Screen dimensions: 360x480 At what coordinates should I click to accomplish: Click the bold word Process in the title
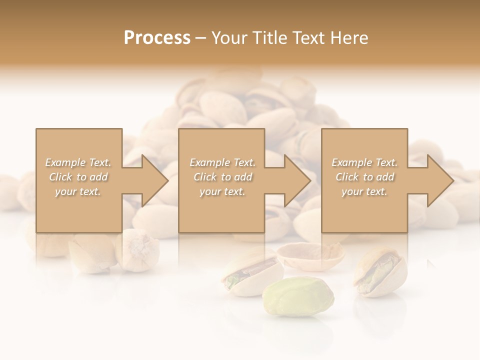click(x=157, y=38)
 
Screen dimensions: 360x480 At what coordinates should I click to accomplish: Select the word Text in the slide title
click(x=308, y=38)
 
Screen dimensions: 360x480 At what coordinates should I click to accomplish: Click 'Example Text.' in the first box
click(x=78, y=162)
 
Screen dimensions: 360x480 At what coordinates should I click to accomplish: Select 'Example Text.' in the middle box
click(x=222, y=162)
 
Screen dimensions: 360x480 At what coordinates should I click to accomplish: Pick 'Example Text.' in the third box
click(x=364, y=162)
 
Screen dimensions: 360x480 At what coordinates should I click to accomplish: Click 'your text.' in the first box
click(x=78, y=191)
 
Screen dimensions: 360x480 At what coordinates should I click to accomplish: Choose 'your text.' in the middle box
click(x=222, y=191)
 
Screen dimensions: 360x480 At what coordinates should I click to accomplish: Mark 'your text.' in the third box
click(x=364, y=191)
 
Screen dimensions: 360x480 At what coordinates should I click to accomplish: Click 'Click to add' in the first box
click(x=78, y=177)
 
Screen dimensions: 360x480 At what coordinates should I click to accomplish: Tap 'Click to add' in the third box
click(x=364, y=177)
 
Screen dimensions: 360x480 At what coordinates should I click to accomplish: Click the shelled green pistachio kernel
click(x=298, y=297)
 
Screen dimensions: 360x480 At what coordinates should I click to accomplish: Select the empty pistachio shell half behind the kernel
click(x=310, y=255)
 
